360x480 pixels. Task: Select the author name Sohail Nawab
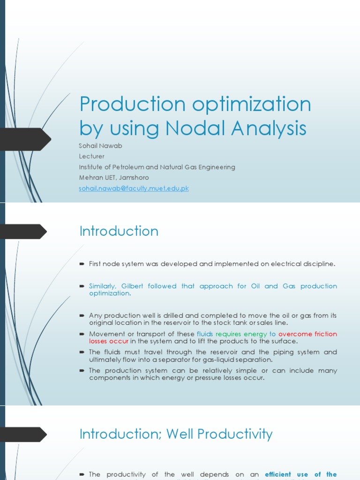[101, 146]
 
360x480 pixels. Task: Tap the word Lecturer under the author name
[92, 156]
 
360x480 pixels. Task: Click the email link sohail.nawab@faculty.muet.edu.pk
[134, 188]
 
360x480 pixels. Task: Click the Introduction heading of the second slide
[119, 231]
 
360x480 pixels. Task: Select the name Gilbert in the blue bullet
[132, 286]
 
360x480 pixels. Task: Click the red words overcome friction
[307, 334]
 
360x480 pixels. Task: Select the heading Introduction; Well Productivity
[176, 434]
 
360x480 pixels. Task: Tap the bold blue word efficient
[278, 474]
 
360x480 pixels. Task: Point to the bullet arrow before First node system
[82, 264]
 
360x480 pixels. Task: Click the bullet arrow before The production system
[82, 371]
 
